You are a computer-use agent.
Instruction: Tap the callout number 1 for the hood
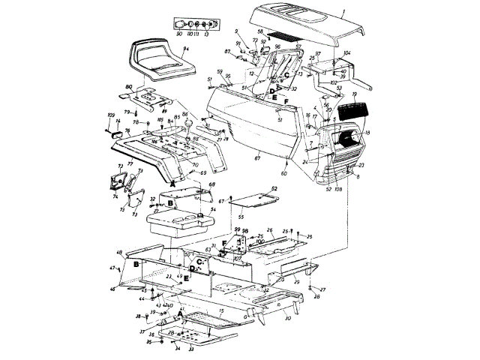(x=342, y=13)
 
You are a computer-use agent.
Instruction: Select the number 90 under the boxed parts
(x=179, y=34)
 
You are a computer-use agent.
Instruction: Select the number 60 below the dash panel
(x=284, y=172)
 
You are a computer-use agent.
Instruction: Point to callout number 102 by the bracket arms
(x=333, y=82)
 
